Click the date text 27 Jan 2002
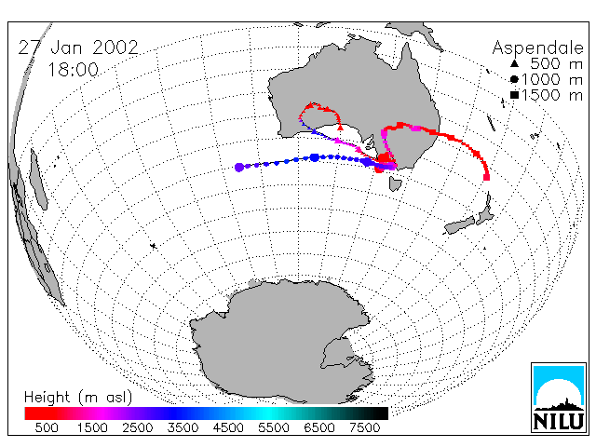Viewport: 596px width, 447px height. [78, 47]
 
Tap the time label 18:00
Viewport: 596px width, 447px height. [73, 70]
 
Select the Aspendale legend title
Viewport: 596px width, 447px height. [537, 48]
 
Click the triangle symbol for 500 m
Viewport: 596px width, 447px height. [514, 63]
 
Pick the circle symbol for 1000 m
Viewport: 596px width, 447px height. [514, 79]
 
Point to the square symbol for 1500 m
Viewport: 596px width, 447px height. [514, 95]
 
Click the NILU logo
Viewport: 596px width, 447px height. [559, 398]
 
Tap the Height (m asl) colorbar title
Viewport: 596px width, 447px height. [78, 398]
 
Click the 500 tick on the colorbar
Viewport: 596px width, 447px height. [47, 427]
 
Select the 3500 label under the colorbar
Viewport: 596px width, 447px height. [183, 427]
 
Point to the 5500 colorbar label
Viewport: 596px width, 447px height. [274, 427]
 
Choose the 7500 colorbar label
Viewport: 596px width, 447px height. [364, 427]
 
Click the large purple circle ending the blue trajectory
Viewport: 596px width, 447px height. [239, 168]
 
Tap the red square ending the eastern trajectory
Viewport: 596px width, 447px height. [486, 177]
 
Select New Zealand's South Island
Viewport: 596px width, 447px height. [460, 225]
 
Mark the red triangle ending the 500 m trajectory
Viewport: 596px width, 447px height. [340, 128]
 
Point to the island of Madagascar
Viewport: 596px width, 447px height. [38, 179]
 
